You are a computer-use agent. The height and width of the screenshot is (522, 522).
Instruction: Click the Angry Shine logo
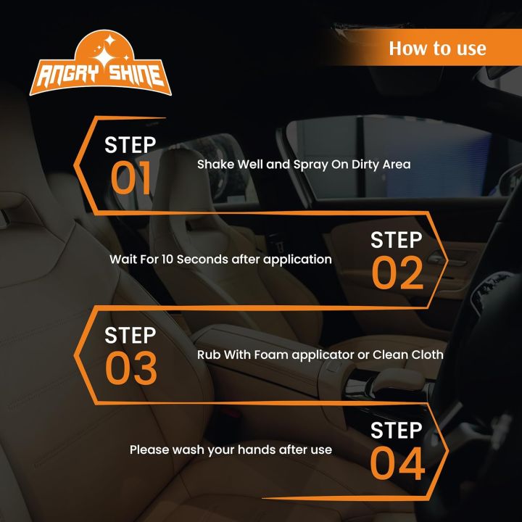pyautogui.click(x=101, y=63)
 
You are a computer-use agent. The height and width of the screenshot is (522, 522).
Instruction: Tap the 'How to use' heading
pyautogui.click(x=437, y=49)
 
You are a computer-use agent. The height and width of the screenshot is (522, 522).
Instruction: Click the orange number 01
pyautogui.click(x=130, y=178)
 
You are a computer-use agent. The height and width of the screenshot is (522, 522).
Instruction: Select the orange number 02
pyautogui.click(x=397, y=273)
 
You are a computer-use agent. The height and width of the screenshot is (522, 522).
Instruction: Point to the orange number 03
pyautogui.click(x=130, y=368)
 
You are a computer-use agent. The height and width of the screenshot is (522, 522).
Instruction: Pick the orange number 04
pyautogui.click(x=397, y=463)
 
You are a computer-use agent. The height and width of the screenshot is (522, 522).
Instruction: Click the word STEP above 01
pyautogui.click(x=130, y=145)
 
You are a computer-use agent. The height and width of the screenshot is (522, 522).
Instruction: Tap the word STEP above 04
pyautogui.click(x=396, y=430)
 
